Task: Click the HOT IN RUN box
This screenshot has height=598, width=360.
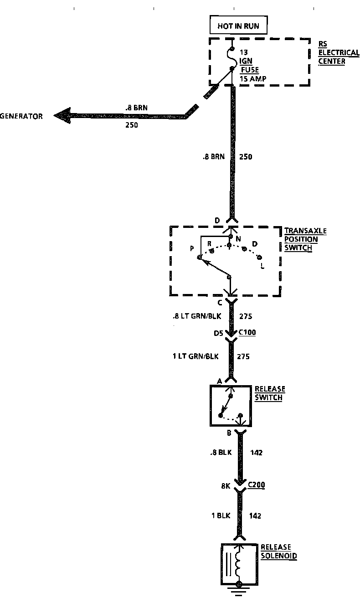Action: [x=238, y=26]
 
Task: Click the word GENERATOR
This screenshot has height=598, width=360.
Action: [x=21, y=116]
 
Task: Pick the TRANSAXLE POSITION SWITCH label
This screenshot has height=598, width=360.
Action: [x=305, y=239]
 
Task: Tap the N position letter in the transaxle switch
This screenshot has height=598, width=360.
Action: [x=237, y=238]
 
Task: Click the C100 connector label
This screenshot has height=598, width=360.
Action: [x=247, y=332]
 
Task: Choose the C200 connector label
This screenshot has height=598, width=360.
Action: [x=256, y=485]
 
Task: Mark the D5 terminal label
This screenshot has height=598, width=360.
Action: [x=219, y=334]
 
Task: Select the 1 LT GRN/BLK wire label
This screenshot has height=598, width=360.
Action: [x=195, y=356]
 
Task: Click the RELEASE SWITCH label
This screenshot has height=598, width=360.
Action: [x=269, y=393]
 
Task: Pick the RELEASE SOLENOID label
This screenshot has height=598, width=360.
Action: [x=278, y=552]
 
